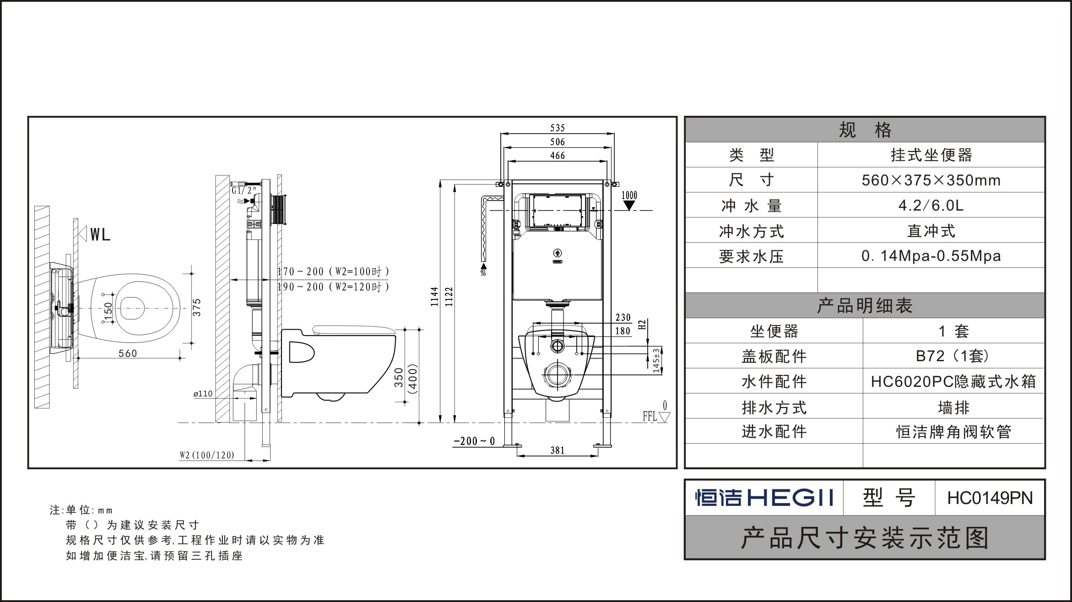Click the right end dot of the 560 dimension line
point(180,358)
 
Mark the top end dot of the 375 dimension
point(191,274)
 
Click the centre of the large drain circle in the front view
point(557,375)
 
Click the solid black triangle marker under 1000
point(629,206)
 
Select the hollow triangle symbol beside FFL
point(665,417)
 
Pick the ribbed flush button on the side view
point(279,210)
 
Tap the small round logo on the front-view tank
point(557,252)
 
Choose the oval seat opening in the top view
point(133,306)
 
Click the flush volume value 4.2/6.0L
point(931,205)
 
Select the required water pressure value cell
point(931,255)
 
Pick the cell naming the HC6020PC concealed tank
point(953,381)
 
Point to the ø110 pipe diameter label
point(203,393)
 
